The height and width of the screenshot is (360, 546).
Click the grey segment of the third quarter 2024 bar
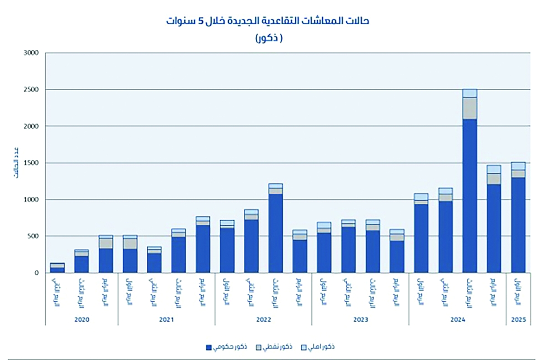pyautogui.click(x=470, y=108)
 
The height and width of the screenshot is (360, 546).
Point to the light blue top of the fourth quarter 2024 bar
pyautogui.click(x=494, y=169)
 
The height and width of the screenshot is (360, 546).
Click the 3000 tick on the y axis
pyautogui.click(x=32, y=53)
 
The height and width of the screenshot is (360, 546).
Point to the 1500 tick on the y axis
pyautogui.click(x=32, y=163)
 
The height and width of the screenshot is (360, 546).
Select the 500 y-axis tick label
pyautogui.click(x=34, y=236)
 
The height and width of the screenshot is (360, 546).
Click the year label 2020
pyautogui.click(x=81, y=320)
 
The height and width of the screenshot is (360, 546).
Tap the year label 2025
pyautogui.click(x=518, y=320)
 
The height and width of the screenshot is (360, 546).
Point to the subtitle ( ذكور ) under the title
pyautogui.click(x=268, y=38)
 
